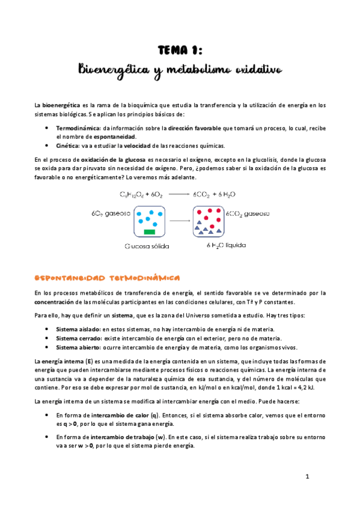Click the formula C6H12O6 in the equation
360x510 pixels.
click(x=131, y=194)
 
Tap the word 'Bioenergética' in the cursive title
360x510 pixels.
click(x=114, y=72)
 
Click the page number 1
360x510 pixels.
click(x=307, y=476)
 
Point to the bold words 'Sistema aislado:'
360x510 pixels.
click(x=78, y=329)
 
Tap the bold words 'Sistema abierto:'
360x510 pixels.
click(x=79, y=347)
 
